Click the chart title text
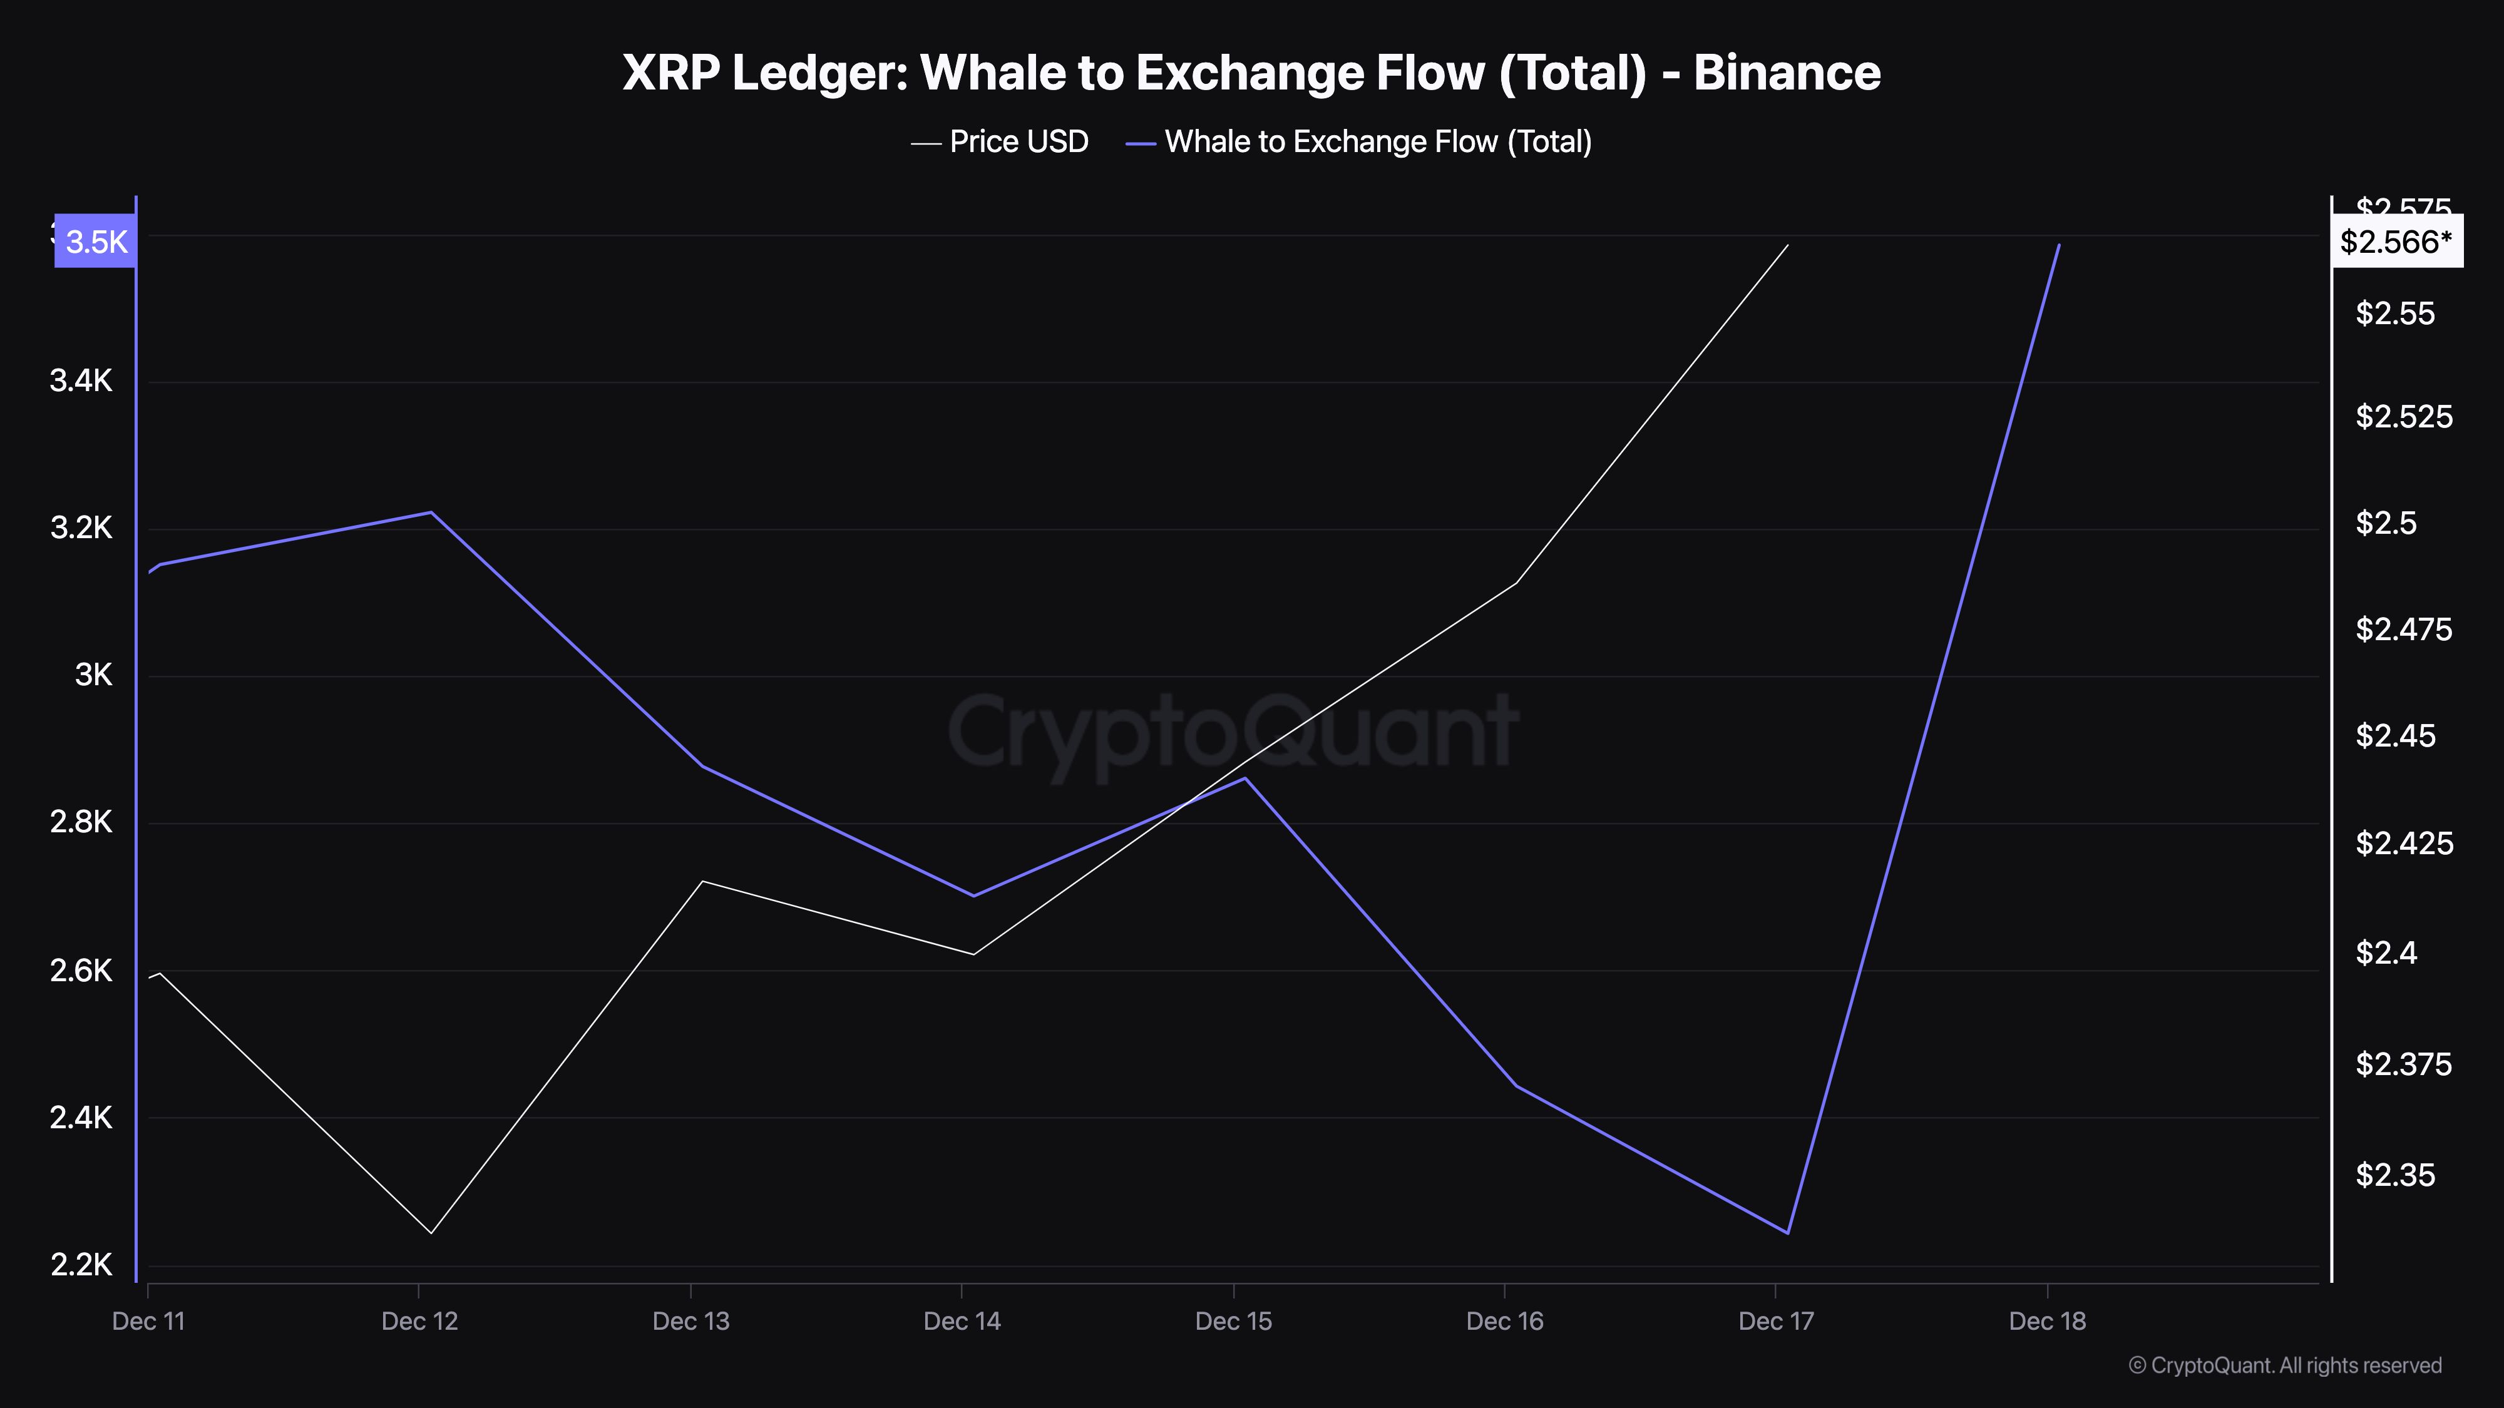pyautogui.click(x=1251, y=73)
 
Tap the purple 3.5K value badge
pyautogui.click(x=95, y=241)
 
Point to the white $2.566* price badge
pyautogui.click(x=2396, y=241)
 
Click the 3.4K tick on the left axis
pyautogui.click(x=81, y=381)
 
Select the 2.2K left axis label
pyautogui.click(x=81, y=1264)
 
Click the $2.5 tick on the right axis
pyautogui.click(x=2386, y=523)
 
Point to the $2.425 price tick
pyautogui.click(x=2404, y=842)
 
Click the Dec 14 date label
pyautogui.click(x=962, y=1320)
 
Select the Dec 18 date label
pyautogui.click(x=2047, y=1320)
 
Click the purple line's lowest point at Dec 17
pyautogui.click(x=1788, y=1233)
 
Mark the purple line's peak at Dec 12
pyautogui.click(x=431, y=512)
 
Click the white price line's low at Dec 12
pyautogui.click(x=431, y=1233)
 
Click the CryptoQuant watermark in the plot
pyautogui.click(x=1233, y=731)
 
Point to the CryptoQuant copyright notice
pyautogui.click(x=2284, y=1365)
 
